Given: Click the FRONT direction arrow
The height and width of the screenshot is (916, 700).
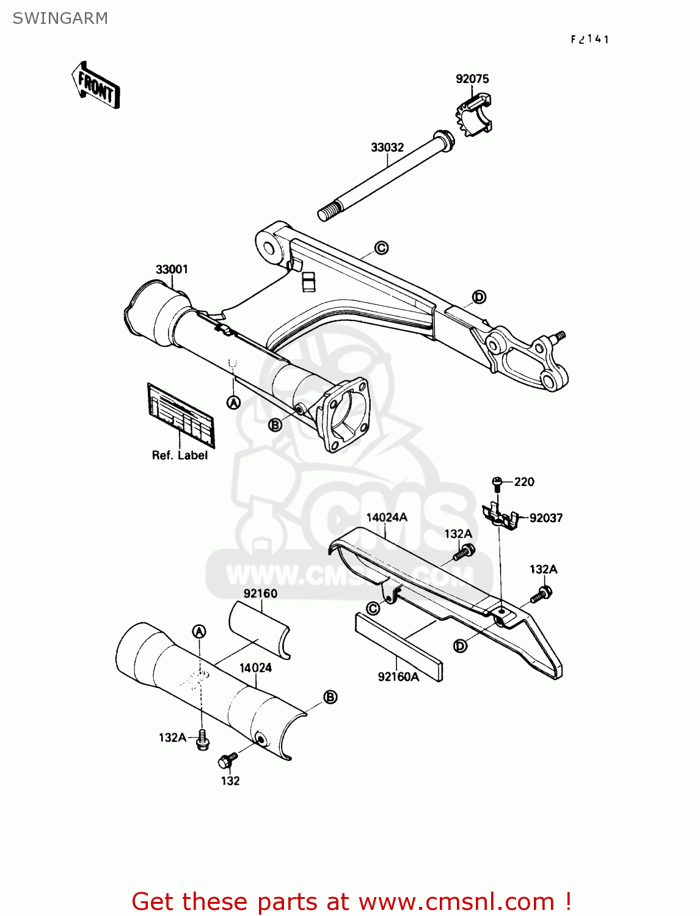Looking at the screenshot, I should [x=96, y=85].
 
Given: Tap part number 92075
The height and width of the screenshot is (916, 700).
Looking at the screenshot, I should [x=472, y=79].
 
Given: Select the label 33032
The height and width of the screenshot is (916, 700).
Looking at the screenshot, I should [x=387, y=147].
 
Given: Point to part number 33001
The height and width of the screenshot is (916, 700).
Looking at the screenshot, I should [x=172, y=269].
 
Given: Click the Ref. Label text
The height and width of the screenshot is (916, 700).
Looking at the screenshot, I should [x=180, y=456].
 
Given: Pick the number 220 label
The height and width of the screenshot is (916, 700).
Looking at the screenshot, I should [x=524, y=482].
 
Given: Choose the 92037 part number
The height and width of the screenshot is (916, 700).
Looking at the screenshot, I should [x=545, y=518].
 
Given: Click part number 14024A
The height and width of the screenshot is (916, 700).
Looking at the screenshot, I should [x=386, y=517].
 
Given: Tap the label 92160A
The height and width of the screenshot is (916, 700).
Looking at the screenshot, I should [x=398, y=677].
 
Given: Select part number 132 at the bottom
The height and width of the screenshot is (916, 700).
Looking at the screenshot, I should [x=230, y=780].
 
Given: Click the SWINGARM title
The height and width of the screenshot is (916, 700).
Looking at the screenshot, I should [x=60, y=18].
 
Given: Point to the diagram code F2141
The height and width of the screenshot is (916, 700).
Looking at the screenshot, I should [x=589, y=40].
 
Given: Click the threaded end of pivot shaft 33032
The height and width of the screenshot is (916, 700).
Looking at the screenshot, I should [x=327, y=212].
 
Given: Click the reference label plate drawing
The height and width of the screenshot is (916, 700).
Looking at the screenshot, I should [x=180, y=413].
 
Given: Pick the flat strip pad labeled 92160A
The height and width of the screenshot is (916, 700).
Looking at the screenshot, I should [x=398, y=647].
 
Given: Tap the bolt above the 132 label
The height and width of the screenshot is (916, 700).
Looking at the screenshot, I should [x=228, y=760].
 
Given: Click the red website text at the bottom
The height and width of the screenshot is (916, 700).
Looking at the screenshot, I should [x=351, y=901].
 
